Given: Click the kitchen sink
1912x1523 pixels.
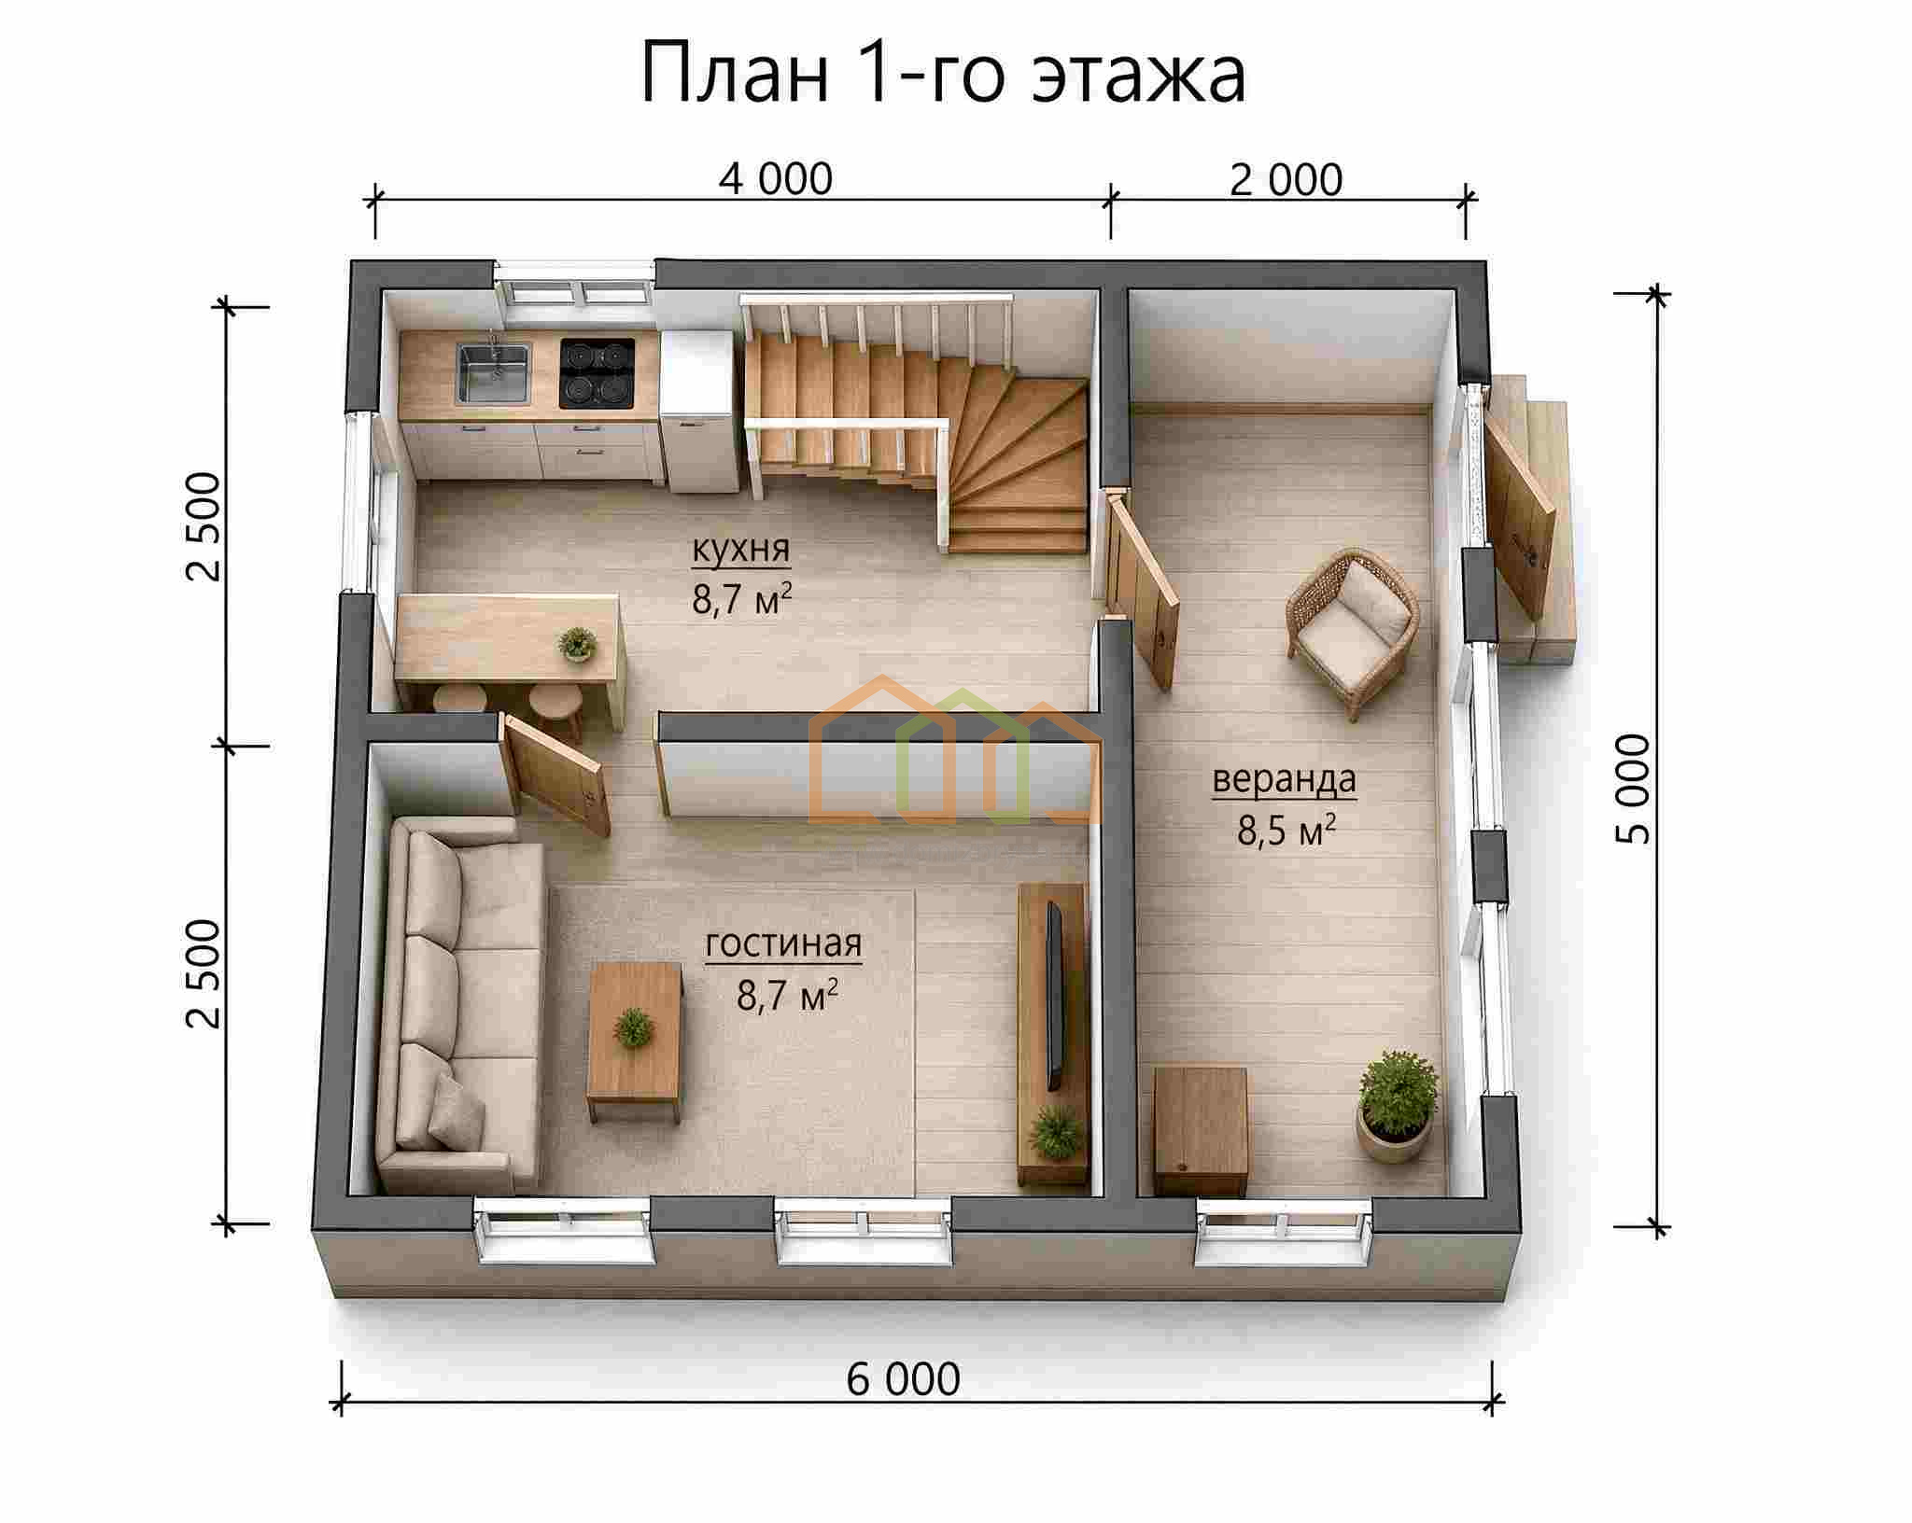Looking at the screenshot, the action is click(493, 373).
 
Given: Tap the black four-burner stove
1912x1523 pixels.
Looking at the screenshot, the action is click(597, 373).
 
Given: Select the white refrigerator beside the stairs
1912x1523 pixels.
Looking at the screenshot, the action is click(696, 411).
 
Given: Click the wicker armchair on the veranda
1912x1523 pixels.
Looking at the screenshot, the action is click(1353, 632).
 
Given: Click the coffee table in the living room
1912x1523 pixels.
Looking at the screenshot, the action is click(635, 1042).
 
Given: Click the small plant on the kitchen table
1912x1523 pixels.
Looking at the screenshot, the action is click(577, 644).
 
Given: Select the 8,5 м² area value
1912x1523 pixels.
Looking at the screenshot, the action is click(1286, 829).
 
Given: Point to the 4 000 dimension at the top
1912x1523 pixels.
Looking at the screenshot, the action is click(775, 179).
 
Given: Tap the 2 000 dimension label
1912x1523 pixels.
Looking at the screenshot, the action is click(1286, 179).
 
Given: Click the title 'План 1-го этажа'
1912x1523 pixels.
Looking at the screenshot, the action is click(943, 74).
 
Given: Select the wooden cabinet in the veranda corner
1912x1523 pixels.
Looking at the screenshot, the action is click(1201, 1132).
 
